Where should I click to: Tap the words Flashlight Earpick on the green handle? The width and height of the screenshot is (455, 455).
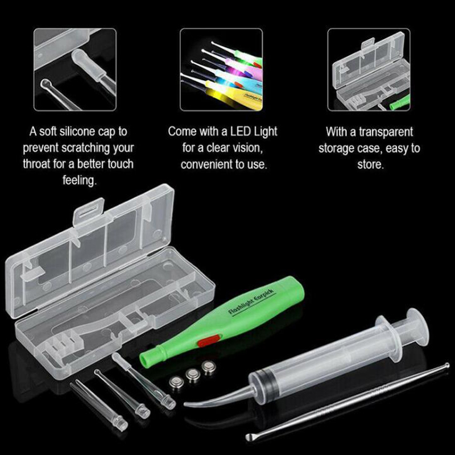[x=251, y=302]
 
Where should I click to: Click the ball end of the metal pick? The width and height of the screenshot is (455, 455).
[x=445, y=366]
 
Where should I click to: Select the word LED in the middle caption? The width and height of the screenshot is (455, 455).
[x=241, y=131]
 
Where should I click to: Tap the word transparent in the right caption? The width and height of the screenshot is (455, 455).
[x=386, y=132]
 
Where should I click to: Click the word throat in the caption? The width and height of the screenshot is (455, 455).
[x=36, y=164]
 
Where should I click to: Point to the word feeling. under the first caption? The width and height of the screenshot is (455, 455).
[x=79, y=180]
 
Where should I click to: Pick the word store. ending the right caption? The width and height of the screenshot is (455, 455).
[x=371, y=164]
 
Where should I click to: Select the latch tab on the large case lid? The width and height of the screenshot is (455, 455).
[x=89, y=210]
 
